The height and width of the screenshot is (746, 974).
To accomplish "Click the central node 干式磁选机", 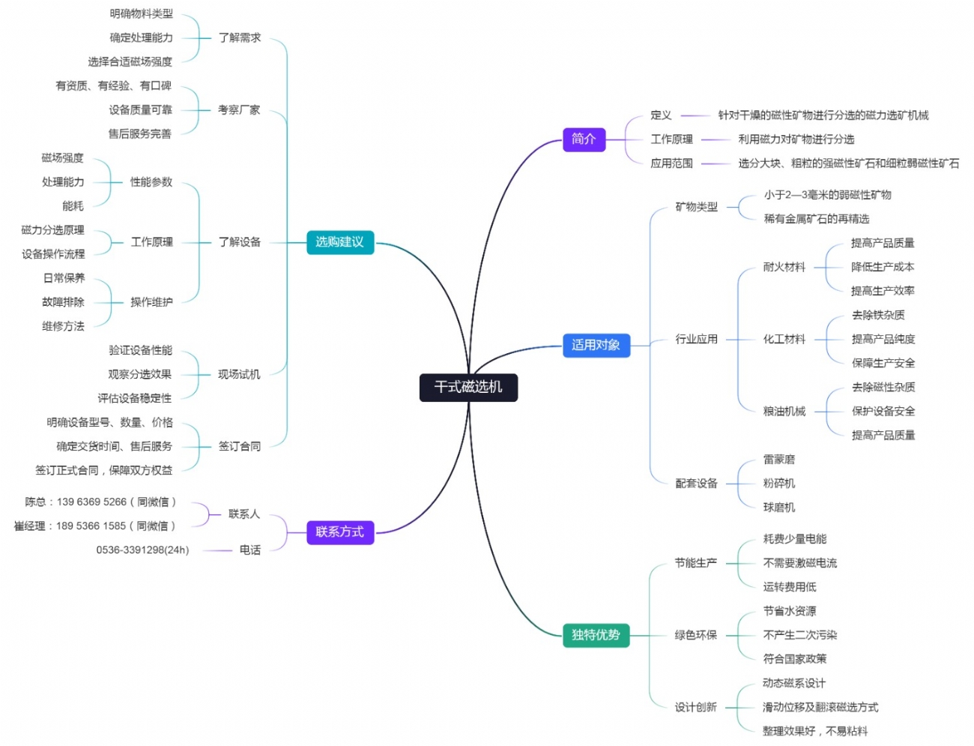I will [468, 387].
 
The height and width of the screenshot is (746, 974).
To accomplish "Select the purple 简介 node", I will [584, 139].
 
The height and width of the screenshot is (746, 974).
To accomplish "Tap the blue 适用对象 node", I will [596, 345].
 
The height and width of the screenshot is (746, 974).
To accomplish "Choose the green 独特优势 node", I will [596, 635].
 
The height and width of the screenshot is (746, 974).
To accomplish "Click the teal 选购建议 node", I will [339, 242].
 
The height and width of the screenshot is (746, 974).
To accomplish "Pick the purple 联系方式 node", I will [339, 532].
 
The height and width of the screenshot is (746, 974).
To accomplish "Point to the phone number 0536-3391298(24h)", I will [142, 550].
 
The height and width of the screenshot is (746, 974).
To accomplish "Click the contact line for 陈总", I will [100, 502].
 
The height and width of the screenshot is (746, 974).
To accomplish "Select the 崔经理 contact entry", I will [94, 526].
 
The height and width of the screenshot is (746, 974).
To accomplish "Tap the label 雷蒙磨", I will [779, 460].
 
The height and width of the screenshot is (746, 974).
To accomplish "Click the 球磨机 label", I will [779, 508].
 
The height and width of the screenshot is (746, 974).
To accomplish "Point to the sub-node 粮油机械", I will [784, 411].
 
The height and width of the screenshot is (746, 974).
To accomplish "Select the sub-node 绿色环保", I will [696, 635].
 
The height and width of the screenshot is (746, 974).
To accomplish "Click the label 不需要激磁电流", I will [800, 563].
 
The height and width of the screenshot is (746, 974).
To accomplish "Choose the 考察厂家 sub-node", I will [239, 110].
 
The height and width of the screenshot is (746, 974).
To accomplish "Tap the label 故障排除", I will [63, 302].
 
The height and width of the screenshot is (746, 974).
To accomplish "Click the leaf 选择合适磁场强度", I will [130, 61].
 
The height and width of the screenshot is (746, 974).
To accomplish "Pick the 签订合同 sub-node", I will [239, 446].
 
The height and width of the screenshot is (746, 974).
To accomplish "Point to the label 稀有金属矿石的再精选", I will [817, 219].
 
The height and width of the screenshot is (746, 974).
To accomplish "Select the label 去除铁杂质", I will [878, 315].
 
